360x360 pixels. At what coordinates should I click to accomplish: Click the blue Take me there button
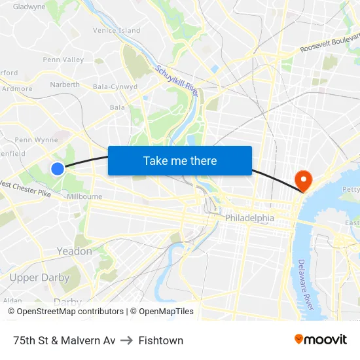click(180, 160)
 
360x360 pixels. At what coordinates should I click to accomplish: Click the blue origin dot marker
click(58, 169)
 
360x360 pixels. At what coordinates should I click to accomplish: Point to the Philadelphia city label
click(249, 217)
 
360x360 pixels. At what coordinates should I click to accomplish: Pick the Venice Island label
click(117, 30)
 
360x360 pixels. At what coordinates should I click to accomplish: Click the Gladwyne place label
click(29, 7)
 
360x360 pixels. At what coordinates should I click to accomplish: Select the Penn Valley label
click(63, 60)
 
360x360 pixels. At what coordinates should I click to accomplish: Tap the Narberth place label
click(65, 84)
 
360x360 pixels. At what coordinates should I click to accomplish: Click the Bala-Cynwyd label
click(115, 86)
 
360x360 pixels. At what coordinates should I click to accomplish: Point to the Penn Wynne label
click(36, 139)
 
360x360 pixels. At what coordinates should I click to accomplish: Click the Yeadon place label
click(75, 251)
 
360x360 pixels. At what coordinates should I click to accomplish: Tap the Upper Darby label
click(39, 278)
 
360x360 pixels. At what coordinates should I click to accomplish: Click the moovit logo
click(320, 340)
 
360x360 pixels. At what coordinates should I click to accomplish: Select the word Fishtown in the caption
click(161, 340)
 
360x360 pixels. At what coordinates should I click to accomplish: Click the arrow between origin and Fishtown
click(127, 340)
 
